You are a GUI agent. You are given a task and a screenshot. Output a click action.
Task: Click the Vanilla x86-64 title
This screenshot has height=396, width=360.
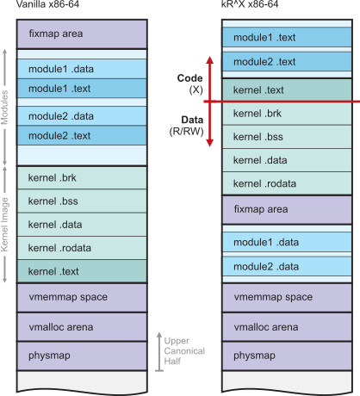click(x=47, y=4)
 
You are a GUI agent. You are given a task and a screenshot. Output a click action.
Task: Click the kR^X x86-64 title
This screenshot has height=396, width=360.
click(x=250, y=4)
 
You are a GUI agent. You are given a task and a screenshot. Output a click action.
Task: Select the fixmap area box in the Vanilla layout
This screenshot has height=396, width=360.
click(x=82, y=34)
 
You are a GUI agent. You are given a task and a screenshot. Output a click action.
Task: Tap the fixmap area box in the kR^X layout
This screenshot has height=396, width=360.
click(x=287, y=210)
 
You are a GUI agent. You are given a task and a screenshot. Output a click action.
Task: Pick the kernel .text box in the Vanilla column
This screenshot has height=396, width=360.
click(x=82, y=271)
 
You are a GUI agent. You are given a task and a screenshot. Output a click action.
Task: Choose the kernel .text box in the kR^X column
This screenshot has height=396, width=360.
click(x=287, y=90)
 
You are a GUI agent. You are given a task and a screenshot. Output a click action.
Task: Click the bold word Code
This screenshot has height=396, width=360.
click(x=189, y=78)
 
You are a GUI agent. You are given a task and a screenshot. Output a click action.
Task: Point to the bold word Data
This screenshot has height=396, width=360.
click(x=192, y=120)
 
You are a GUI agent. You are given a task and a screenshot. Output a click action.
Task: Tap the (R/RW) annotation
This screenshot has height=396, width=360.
click(x=186, y=132)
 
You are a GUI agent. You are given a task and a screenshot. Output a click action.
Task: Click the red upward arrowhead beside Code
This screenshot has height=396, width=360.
click(x=210, y=59)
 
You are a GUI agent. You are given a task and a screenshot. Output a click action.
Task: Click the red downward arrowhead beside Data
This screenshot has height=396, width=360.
click(x=210, y=143)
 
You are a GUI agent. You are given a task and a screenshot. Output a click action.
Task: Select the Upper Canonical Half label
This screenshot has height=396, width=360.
click(x=184, y=350)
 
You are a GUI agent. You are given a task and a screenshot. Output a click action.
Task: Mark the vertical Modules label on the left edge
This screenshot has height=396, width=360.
click(x=4, y=108)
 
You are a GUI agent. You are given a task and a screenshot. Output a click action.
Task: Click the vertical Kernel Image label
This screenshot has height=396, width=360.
click(x=4, y=225)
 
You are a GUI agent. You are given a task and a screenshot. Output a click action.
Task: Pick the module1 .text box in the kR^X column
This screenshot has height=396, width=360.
click(x=287, y=37)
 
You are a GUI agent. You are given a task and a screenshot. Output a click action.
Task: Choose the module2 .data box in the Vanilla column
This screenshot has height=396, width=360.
click(x=82, y=116)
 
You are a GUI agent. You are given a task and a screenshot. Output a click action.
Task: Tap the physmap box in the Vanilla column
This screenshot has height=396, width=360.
click(x=82, y=356)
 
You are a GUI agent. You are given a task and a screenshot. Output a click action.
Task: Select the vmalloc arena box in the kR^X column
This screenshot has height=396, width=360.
click(x=287, y=327)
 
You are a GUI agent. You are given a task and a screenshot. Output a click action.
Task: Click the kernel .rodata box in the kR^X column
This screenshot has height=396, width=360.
click(x=287, y=183)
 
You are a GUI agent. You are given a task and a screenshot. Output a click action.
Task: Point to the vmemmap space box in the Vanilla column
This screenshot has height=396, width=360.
click(x=82, y=298)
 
